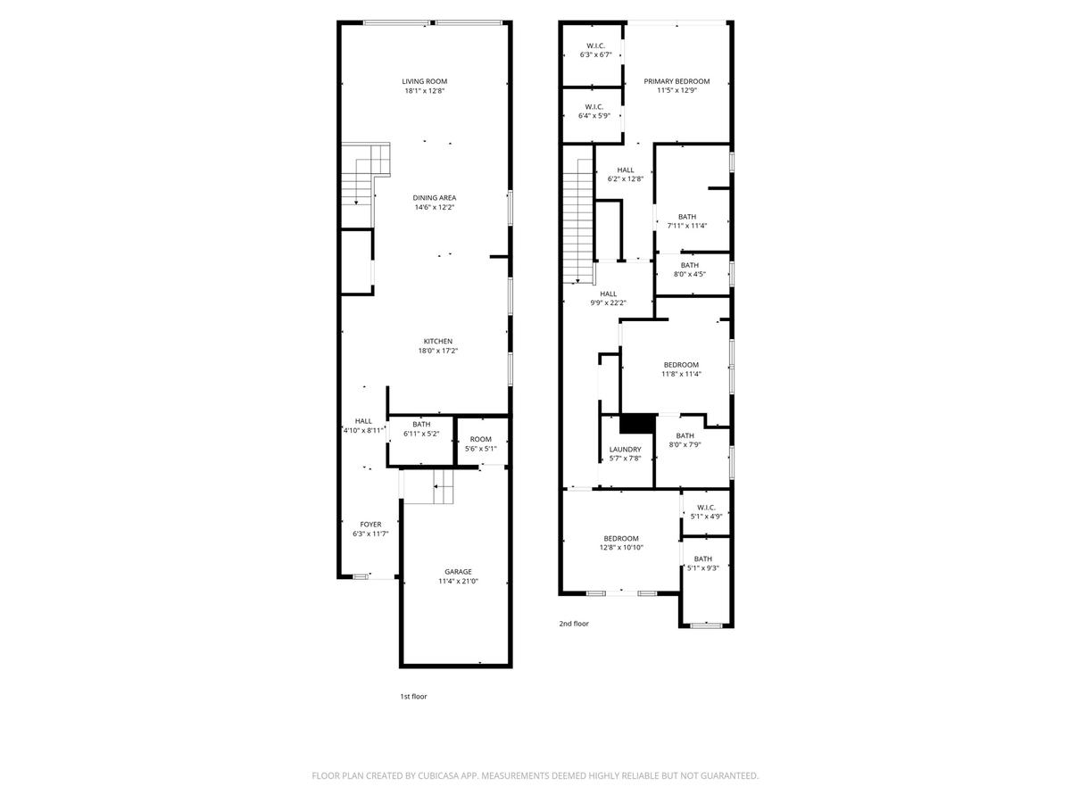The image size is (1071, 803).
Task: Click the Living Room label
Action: point(424,81)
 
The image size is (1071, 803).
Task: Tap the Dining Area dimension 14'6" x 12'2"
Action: point(435,207)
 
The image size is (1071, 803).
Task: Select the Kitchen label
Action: point(437,342)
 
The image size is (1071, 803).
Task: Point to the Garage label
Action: point(458,571)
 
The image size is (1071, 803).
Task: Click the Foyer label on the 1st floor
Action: point(370,525)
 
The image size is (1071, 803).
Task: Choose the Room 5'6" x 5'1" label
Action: point(480,443)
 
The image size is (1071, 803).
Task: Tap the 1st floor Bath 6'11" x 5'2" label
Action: point(421,429)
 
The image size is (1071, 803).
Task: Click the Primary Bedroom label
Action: point(677,81)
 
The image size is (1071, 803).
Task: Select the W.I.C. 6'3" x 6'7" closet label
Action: point(595,50)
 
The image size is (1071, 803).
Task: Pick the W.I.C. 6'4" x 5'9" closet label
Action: point(594,112)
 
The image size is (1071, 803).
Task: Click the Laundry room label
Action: point(625,449)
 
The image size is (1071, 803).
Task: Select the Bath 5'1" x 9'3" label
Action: point(702,563)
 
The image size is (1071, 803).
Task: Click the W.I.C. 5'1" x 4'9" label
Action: point(706,512)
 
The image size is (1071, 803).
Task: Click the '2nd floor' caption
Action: point(574,624)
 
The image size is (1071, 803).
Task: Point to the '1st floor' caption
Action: point(413,696)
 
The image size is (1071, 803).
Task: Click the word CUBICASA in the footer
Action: point(438,775)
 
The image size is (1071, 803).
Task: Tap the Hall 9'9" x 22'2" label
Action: point(608,298)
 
